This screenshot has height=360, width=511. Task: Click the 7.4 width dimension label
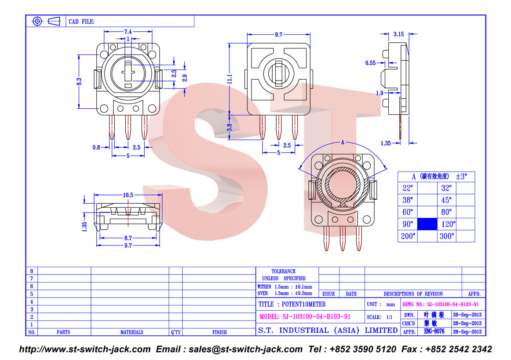click(x=128, y=32)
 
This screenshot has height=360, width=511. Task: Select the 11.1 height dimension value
click(x=230, y=79)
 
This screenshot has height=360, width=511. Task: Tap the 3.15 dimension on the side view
click(x=398, y=34)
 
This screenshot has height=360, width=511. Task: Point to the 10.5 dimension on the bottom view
click(x=128, y=195)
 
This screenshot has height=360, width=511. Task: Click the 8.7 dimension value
click(x=128, y=238)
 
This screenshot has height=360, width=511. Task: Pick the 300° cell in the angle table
click(x=446, y=236)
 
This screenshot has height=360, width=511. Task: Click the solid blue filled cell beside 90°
click(x=427, y=224)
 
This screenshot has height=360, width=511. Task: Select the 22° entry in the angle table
click(x=408, y=188)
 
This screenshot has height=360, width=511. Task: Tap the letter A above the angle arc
click(x=343, y=142)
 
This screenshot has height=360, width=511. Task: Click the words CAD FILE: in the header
click(x=81, y=22)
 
